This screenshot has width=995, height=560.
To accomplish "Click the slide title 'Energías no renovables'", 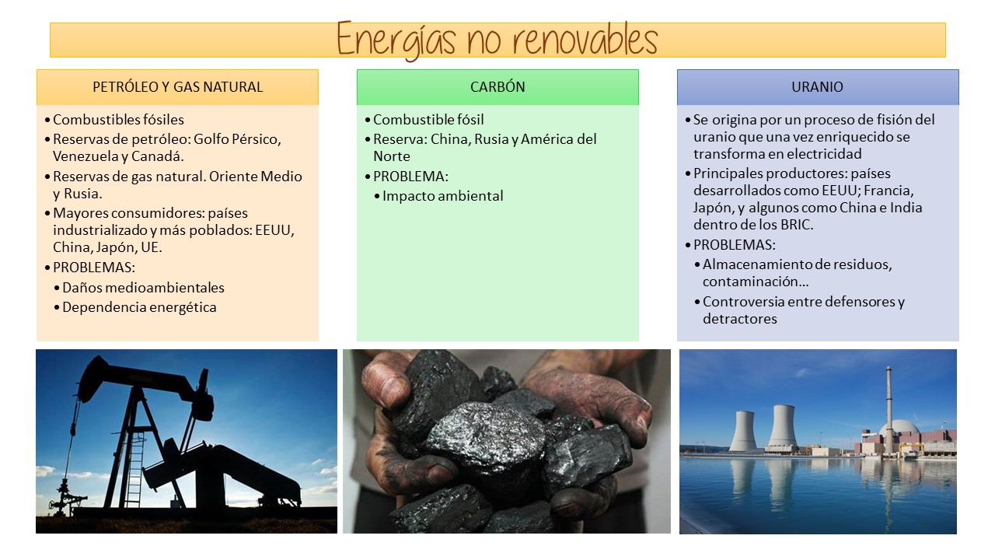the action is [x=497, y=40].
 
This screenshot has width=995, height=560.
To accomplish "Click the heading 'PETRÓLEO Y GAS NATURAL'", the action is [x=178, y=86].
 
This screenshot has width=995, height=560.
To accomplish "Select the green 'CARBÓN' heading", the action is [x=497, y=86].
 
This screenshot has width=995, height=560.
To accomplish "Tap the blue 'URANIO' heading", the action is [x=817, y=86].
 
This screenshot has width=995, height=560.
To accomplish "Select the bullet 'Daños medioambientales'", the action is [x=143, y=288].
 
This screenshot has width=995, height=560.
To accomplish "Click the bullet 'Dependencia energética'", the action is [x=139, y=307].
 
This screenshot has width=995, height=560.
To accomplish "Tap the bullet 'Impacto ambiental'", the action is [x=442, y=196].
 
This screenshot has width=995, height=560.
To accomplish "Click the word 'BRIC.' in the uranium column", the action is [x=797, y=225].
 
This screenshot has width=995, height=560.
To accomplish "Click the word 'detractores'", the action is [x=740, y=319].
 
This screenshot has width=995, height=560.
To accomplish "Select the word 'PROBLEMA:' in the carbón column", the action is [x=410, y=177].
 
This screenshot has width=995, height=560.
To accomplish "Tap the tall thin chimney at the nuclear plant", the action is [x=889, y=409].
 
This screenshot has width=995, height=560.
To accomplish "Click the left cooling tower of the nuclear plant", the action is [x=742, y=431].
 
